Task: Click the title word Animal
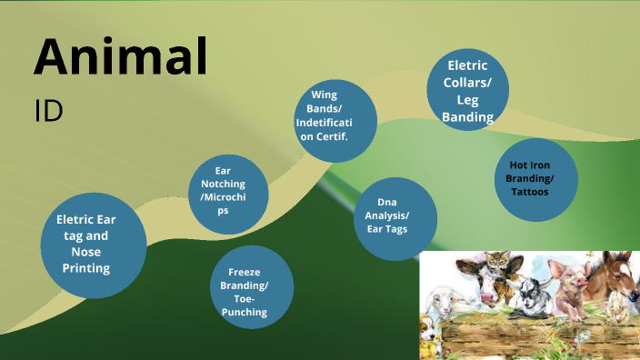click(x=120, y=56)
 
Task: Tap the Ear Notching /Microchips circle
click(x=228, y=190)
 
